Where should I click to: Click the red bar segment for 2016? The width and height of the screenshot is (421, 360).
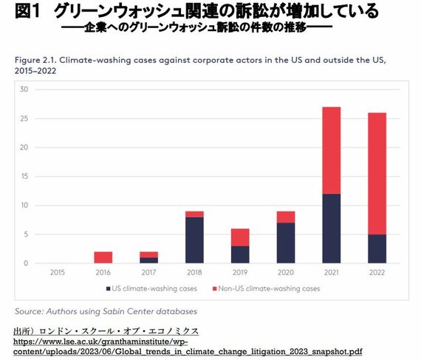pyautogui.click(x=103, y=257)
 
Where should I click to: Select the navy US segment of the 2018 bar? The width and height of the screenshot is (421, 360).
pyautogui.click(x=194, y=240)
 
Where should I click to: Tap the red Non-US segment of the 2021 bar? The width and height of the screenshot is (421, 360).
pyautogui.click(x=332, y=151)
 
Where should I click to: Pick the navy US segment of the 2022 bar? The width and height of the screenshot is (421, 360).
pyautogui.click(x=377, y=249)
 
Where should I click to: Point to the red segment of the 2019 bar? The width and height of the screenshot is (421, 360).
pyautogui.click(x=240, y=237)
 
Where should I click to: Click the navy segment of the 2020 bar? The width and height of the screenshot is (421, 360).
pyautogui.click(x=286, y=243)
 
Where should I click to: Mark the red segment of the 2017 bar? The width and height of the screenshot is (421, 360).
pyautogui.click(x=148, y=255)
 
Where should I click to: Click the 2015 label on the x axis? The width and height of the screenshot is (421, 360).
pyautogui.click(x=58, y=273)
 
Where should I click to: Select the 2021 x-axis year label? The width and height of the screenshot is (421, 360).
pyautogui.click(x=332, y=273)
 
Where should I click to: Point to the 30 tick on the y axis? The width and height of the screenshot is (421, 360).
pyautogui.click(x=24, y=89)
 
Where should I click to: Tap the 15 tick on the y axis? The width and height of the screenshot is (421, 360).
pyautogui.click(x=24, y=176)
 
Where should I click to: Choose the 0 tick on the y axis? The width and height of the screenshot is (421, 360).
pyautogui.click(x=26, y=263)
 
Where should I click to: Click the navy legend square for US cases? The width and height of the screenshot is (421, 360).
pyautogui.click(x=108, y=289)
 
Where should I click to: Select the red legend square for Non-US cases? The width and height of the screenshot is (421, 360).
pyautogui.click(x=214, y=289)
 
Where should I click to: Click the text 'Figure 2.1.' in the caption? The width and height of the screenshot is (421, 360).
pyautogui.click(x=35, y=60)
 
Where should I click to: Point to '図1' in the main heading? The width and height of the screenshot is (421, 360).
pyautogui.click(x=27, y=11)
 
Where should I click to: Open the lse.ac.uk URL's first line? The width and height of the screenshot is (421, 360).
pyautogui.click(x=100, y=342)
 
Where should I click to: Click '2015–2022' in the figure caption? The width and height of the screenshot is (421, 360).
pyautogui.click(x=35, y=71)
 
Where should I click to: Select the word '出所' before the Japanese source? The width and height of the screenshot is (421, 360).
pyautogui.click(x=22, y=331)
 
